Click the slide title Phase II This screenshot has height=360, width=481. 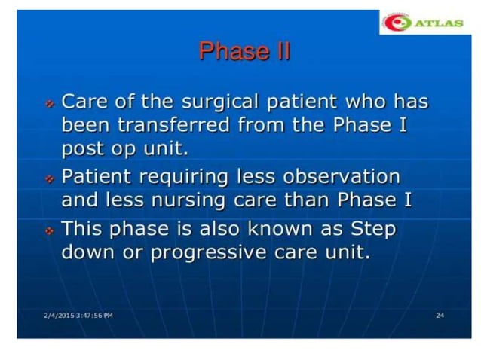click(x=244, y=52)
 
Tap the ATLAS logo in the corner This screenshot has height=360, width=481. click(x=422, y=23)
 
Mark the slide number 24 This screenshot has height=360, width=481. click(x=440, y=314)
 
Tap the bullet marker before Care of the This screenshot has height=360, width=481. click(x=49, y=102)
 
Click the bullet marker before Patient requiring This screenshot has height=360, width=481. click(x=49, y=178)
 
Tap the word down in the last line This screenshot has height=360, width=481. click(x=87, y=252)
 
